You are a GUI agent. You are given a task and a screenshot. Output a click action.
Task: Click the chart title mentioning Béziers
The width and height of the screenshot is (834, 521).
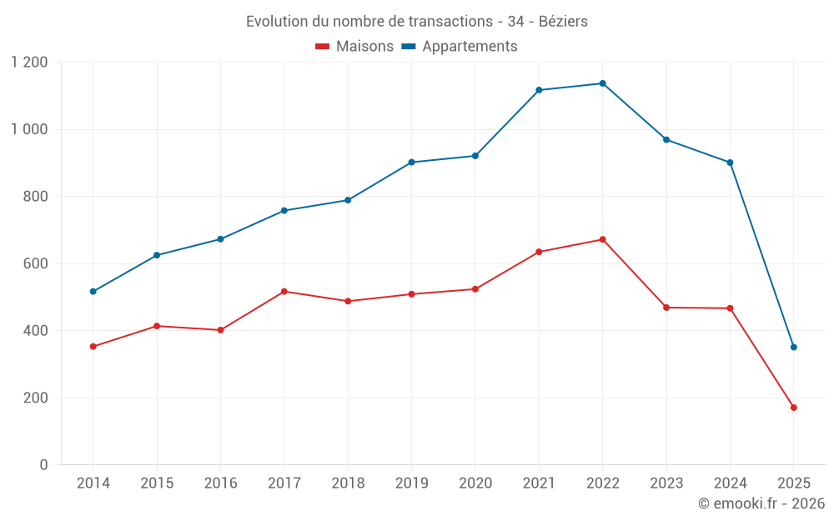pyautogui.click(x=416, y=21)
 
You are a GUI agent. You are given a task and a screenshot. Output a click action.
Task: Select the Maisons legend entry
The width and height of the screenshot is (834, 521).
pyautogui.click(x=354, y=47)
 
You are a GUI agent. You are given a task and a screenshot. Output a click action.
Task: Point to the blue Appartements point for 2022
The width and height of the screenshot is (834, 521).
pyautogui.click(x=602, y=83)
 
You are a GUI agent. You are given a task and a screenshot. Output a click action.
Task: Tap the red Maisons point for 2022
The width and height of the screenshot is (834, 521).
pyautogui.click(x=602, y=239)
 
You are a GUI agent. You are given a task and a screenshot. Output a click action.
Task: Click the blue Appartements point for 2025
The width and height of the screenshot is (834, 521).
pyautogui.click(x=793, y=347)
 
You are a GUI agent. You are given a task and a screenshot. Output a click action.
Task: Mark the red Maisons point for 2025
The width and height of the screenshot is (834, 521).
pyautogui.click(x=793, y=408)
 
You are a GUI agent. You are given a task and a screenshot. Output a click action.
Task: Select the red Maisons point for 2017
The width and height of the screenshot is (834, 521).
pyautogui.click(x=284, y=291)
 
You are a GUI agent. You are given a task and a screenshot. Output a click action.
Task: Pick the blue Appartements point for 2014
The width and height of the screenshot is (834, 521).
pyautogui.click(x=93, y=292)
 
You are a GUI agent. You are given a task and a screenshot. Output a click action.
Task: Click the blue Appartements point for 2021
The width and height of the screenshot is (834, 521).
pyautogui.click(x=539, y=90)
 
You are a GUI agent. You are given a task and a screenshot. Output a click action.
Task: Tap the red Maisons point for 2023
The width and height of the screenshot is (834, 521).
pyautogui.click(x=666, y=308)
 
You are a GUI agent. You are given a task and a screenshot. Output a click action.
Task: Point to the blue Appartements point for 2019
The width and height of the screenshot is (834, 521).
pyautogui.click(x=411, y=162)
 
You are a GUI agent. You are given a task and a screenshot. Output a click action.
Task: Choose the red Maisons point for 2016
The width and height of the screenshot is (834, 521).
pyautogui.click(x=220, y=330)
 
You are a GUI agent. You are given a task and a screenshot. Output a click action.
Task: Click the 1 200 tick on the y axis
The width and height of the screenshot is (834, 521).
pyautogui.click(x=29, y=63)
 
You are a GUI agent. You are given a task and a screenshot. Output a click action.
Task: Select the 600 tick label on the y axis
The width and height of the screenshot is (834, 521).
pyautogui.click(x=34, y=263)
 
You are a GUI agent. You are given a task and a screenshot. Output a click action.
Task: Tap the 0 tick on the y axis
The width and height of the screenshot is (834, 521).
pyautogui.click(x=43, y=465)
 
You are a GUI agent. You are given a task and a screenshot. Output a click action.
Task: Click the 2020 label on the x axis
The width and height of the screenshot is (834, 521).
pyautogui.click(x=475, y=483)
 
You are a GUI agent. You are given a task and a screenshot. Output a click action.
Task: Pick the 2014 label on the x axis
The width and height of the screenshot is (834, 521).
pyautogui.click(x=93, y=483)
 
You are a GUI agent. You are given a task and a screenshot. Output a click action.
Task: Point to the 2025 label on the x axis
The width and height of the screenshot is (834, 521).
pyautogui.click(x=793, y=483)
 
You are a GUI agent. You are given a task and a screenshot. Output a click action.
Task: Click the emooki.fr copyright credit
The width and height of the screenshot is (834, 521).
pyautogui.click(x=761, y=503)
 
